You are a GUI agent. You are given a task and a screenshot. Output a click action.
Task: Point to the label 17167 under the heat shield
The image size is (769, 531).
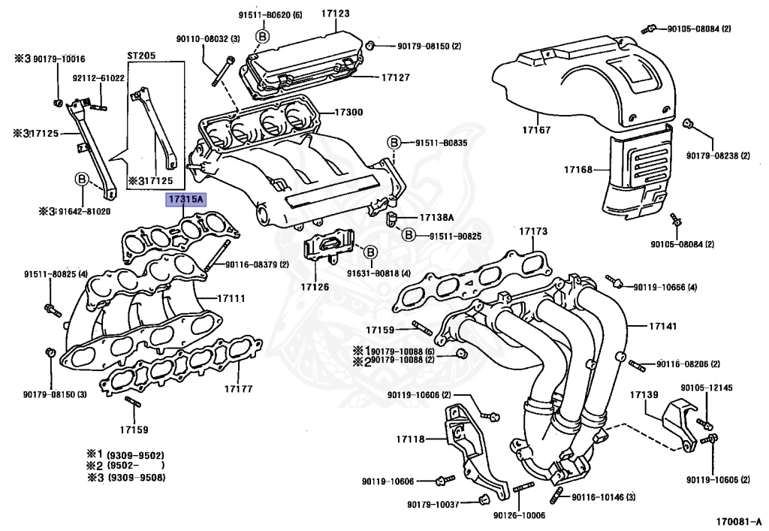point(536,130)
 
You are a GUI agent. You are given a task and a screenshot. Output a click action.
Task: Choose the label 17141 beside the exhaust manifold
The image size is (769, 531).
point(642,326)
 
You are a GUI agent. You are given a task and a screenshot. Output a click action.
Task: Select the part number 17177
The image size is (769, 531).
point(238,390)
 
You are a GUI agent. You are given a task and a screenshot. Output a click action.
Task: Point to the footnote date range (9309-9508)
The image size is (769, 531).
point(134,478)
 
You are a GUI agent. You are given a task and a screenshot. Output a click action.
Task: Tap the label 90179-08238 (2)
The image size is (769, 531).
point(717,155)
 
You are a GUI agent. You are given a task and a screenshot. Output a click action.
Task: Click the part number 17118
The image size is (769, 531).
point(410,439)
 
